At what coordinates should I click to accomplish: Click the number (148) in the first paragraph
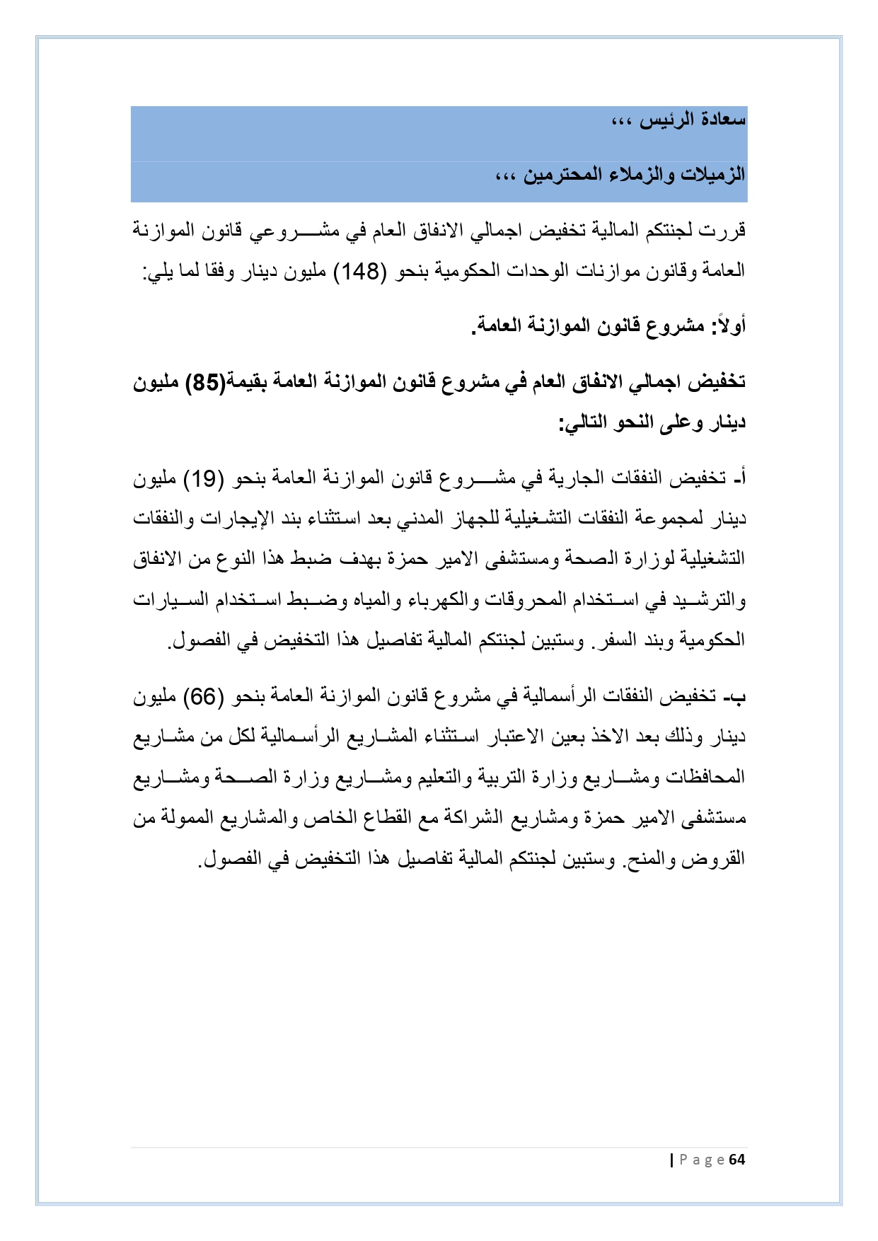click(357, 271)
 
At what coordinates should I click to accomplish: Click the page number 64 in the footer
click(737, 1160)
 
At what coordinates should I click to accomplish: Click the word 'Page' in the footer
click(702, 1160)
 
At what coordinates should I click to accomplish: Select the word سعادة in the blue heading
click(722, 120)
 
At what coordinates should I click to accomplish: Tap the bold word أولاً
click(729, 325)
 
